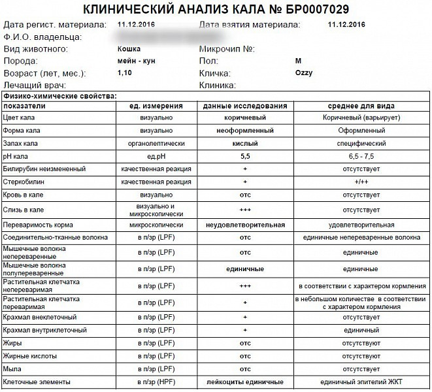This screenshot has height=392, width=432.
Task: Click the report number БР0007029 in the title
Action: pyautogui.click(x=312, y=9)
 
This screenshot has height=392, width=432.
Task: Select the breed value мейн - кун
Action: pyautogui.click(x=136, y=61)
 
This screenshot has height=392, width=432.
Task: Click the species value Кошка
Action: pyautogui.click(x=128, y=48)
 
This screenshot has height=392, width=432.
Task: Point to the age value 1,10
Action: pyautogui.click(x=124, y=73)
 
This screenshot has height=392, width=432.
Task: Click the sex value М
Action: pyautogui.click(x=299, y=61)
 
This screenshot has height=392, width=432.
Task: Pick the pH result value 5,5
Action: pyautogui.click(x=245, y=157)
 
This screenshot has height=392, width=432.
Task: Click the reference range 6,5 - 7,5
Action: pyautogui.click(x=361, y=157)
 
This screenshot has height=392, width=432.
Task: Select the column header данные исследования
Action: pyautogui.click(x=245, y=106)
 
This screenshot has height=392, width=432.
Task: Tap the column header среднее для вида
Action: pyautogui.click(x=361, y=106)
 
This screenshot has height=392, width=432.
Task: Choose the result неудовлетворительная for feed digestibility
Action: pyautogui.click(x=245, y=225)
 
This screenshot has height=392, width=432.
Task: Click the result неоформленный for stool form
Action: pyautogui.click(x=245, y=131)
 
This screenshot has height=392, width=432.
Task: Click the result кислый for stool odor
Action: pyautogui.click(x=245, y=143)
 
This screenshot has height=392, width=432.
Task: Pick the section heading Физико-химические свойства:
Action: pyautogui.click(x=59, y=96)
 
